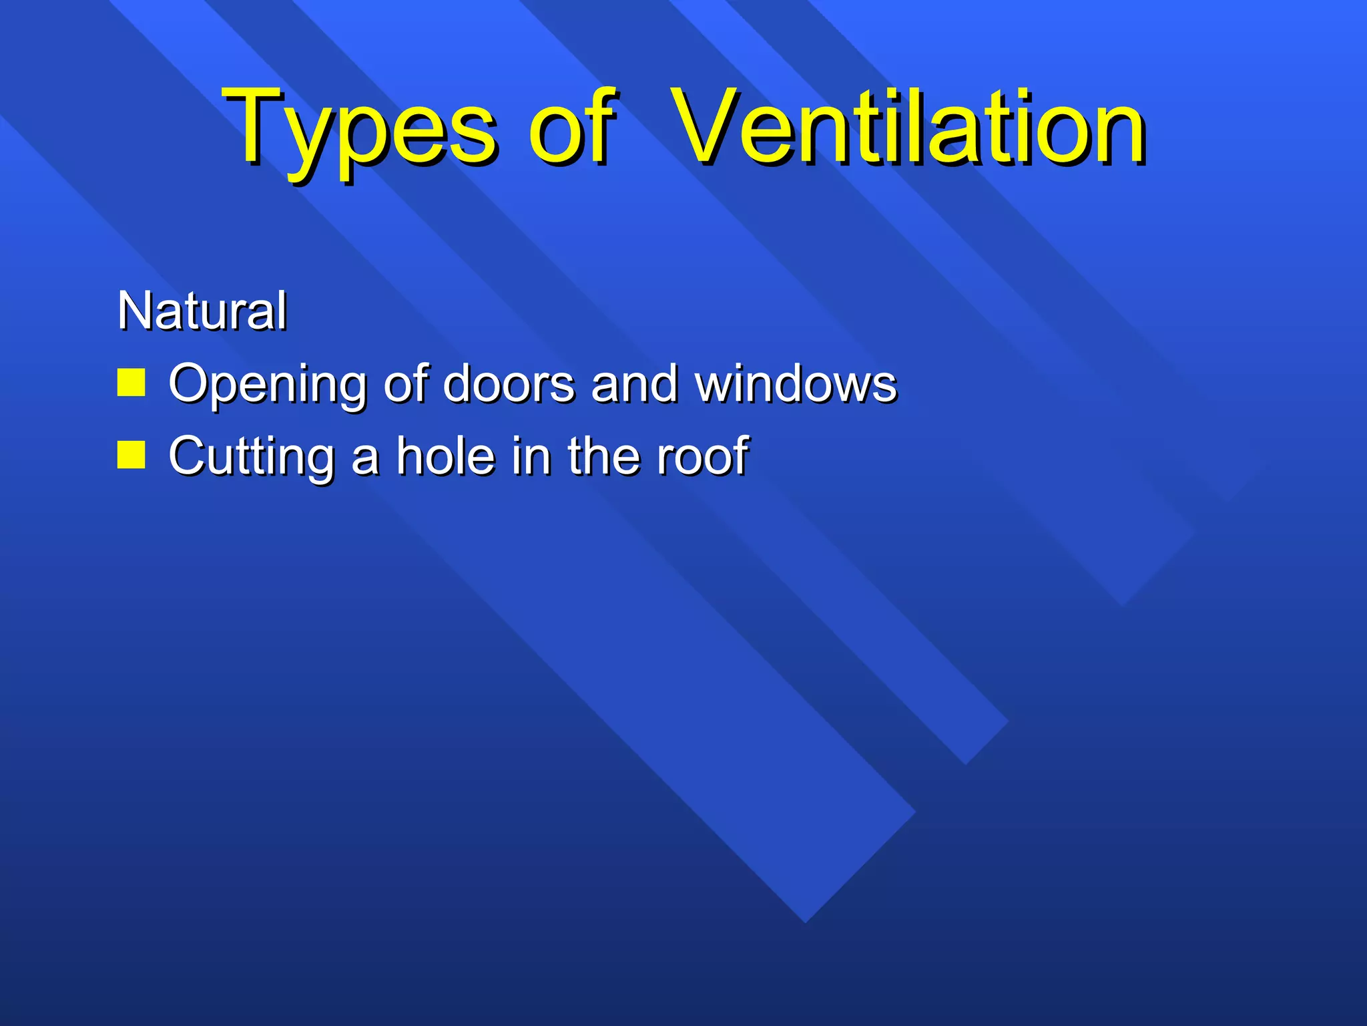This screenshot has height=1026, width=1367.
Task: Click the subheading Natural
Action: pyautogui.click(x=202, y=311)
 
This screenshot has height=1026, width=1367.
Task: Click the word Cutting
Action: pyautogui.click(x=251, y=457)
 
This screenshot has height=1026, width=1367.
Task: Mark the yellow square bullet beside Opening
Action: pyautogui.click(x=131, y=383)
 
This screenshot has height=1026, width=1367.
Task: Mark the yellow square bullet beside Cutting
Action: pyautogui.click(x=131, y=455)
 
